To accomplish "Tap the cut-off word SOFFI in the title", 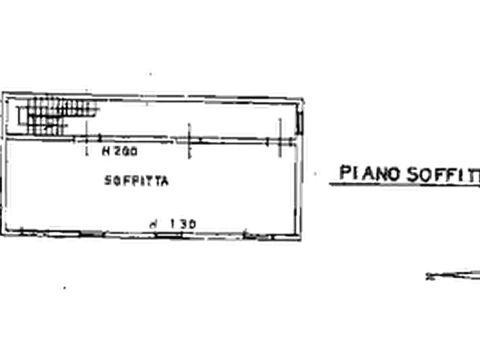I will tap(441, 175).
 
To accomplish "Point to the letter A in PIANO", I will tap(370, 174).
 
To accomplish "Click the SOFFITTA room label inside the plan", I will tap(139, 180).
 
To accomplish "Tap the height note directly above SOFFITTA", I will tap(111, 153).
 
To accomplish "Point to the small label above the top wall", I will tap(151, 76).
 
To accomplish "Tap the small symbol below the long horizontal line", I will tap(449, 276).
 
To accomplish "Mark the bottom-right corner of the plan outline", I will tap(299, 235).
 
